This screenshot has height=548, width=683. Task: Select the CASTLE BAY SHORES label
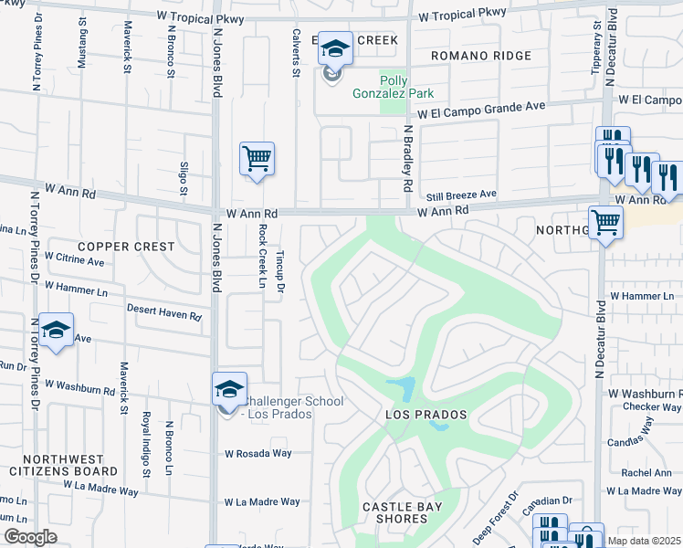[402, 512]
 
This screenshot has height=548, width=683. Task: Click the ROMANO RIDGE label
[482, 57]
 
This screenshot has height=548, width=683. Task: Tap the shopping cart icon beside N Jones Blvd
[257, 159]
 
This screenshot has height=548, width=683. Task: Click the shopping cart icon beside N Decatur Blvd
[605, 221]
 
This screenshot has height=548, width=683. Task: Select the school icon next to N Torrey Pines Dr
[56, 332]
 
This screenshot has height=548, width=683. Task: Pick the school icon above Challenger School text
[229, 390]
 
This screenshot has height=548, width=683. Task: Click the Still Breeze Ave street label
[461, 195]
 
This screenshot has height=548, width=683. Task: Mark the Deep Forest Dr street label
[495, 519]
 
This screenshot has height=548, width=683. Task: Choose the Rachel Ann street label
[646, 472]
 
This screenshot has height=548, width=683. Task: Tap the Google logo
[30, 537]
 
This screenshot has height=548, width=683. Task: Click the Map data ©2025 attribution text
[644, 541]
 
